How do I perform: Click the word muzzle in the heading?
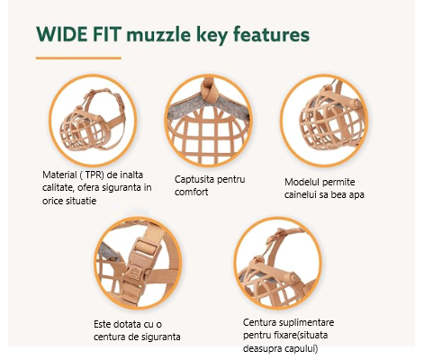tap(158, 35)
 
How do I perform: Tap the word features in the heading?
tap(271, 34)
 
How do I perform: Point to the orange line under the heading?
tap(78, 58)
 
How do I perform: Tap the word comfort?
tap(192, 192)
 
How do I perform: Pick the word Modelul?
tap(302, 182)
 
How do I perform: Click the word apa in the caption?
tap(356, 194)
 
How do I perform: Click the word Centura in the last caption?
tap(259, 322)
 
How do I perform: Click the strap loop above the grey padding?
tap(208, 89)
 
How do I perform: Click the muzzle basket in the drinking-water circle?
tap(330, 120)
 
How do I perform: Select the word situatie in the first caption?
tap(82, 201)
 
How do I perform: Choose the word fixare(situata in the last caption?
tap(301, 335)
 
